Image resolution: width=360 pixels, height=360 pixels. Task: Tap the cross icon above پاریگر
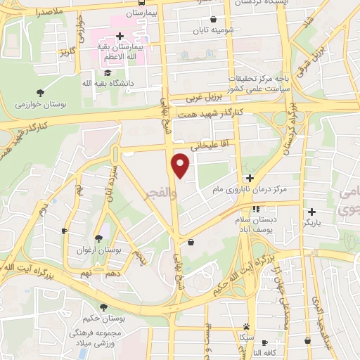pyautogui.click(x=311, y=211)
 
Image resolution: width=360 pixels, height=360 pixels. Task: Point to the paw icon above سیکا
pyautogui.click(x=246, y=326)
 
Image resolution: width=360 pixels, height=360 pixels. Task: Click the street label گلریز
pyautogui.click(x=67, y=51)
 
